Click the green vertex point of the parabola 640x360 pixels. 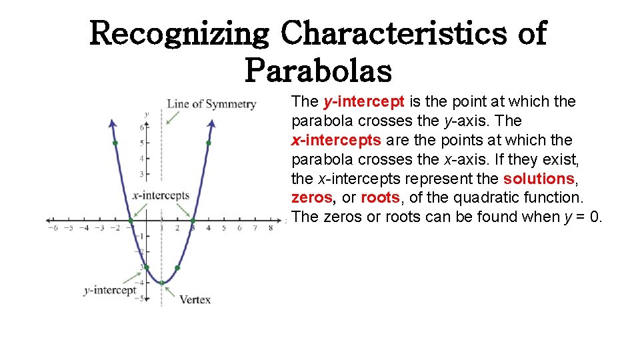pos(161,283)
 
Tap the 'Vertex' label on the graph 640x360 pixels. pos(195,299)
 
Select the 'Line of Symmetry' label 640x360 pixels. pos(211,104)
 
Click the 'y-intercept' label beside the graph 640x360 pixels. pos(110,290)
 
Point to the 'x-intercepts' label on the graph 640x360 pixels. pos(161,195)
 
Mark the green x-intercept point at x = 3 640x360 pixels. pos(193,221)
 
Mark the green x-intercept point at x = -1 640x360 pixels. pos(131,221)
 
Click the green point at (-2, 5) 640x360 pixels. pos(115,143)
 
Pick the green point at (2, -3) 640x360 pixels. pos(177,268)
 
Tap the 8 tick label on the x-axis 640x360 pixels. pos(271,229)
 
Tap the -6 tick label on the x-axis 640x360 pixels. pos(53,229)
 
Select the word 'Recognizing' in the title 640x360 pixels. pos(179,33)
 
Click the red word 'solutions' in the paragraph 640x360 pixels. pos(539,179)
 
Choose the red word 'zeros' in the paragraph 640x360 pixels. pos(311,198)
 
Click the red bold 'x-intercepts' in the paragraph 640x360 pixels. pos(337,140)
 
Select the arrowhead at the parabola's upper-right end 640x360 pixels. pos(212,123)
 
